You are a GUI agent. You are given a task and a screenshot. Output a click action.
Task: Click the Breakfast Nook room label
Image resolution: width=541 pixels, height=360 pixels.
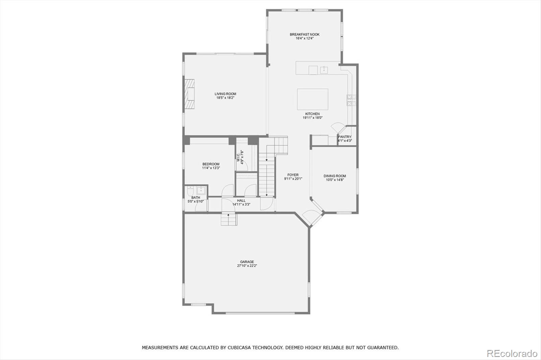(x=304, y=34)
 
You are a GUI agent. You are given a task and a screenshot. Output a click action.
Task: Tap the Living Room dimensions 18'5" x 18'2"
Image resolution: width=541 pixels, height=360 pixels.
(x=226, y=98)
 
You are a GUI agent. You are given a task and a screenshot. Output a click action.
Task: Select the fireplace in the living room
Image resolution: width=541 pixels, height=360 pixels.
(x=190, y=94)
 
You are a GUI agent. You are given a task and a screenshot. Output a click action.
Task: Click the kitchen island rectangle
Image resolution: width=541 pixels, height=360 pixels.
(x=312, y=99)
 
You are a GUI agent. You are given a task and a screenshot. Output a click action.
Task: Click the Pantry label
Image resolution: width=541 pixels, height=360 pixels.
(x=345, y=137)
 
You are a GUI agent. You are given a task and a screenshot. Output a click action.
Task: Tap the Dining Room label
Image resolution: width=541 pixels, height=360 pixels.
(x=335, y=176)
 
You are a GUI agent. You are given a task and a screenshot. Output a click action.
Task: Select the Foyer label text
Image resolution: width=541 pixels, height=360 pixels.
(x=293, y=175)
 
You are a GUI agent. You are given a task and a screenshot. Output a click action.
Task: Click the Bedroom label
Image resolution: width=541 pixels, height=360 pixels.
(x=211, y=164)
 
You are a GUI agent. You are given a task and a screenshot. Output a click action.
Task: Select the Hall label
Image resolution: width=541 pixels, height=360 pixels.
(x=241, y=200)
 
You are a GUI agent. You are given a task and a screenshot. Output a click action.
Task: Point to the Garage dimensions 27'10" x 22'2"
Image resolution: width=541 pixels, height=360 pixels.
(x=247, y=266)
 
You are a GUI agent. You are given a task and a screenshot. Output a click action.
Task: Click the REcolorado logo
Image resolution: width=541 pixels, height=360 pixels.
(x=512, y=354)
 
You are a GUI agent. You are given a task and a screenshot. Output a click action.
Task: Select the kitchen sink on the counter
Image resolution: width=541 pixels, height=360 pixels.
(x=324, y=70)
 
